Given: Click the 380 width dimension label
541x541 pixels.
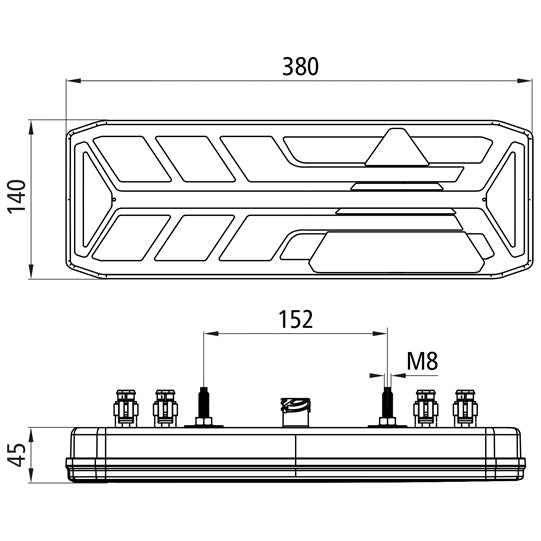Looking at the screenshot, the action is click(x=300, y=67).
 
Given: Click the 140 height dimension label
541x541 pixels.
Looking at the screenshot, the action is click(x=17, y=197).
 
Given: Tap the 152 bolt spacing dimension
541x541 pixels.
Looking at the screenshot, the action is click(x=296, y=319).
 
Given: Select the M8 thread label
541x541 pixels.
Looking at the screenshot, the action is click(x=422, y=361).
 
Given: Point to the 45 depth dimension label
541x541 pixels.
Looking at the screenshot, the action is click(x=17, y=454).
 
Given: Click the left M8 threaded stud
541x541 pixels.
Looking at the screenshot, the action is click(x=204, y=407).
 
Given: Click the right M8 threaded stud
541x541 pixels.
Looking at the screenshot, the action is click(x=387, y=407).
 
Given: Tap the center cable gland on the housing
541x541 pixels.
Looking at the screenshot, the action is click(x=295, y=412).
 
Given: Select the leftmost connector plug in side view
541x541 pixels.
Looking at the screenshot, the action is click(x=126, y=408).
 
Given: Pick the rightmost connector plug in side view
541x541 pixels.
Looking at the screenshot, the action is click(x=465, y=408).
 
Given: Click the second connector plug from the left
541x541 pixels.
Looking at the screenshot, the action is click(x=166, y=408).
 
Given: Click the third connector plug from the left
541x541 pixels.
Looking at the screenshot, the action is click(x=426, y=408).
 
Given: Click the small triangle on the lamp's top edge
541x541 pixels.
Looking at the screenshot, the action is click(x=397, y=147).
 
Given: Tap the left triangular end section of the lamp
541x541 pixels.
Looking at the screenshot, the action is click(x=94, y=199).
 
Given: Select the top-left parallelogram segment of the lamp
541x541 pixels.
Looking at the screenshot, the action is click(x=132, y=159).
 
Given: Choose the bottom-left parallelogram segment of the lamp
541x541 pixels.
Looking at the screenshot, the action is click(x=131, y=238).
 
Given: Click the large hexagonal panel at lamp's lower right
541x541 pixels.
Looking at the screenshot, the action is click(x=397, y=252).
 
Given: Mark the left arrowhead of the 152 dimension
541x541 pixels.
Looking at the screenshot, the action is click(x=211, y=333).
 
